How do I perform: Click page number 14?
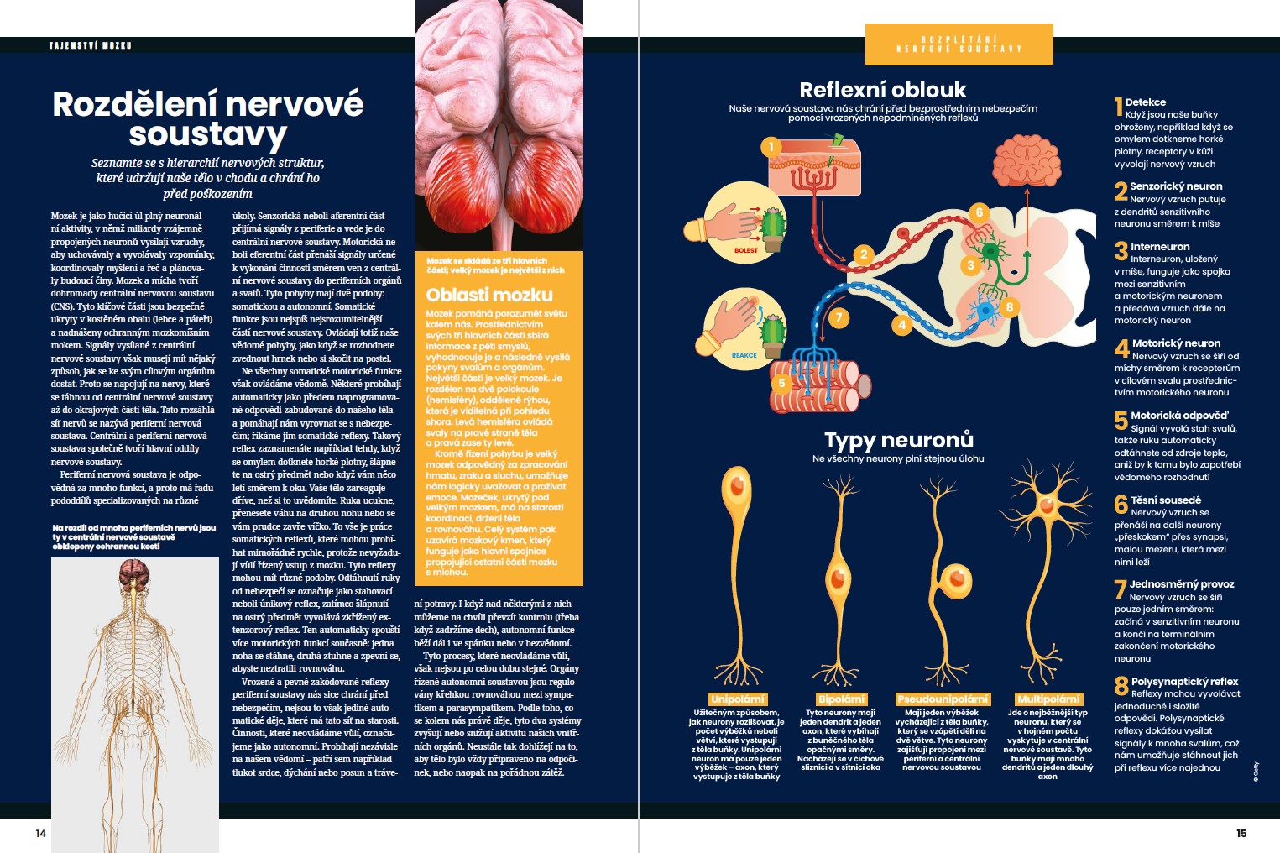40,833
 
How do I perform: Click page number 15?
1241,833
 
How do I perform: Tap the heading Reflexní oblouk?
882,90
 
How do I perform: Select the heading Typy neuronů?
898,440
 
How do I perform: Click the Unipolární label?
737,699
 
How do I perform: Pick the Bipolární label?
841,699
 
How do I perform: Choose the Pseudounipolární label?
942,699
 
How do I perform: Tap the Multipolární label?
1048,699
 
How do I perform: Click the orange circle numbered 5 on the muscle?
781,383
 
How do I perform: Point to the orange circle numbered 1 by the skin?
771,147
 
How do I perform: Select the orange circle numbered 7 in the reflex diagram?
839,317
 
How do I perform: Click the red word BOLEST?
745,250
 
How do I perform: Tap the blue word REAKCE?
744,355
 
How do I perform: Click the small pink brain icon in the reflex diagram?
1027,160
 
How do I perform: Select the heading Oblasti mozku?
489,295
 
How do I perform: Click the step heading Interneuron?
1160,246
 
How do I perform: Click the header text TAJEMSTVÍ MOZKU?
91,45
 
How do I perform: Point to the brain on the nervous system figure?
133,574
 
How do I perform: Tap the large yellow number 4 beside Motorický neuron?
1121,348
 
